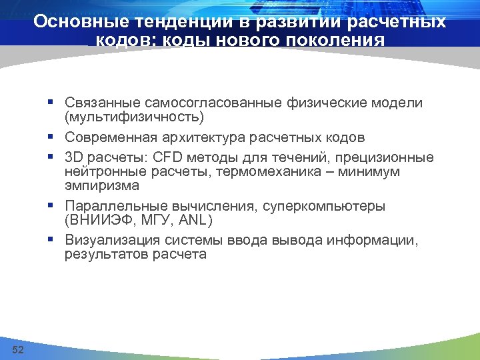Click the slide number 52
18,350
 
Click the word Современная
111,138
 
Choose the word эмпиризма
101,185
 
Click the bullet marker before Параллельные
51,206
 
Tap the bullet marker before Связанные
51,103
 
